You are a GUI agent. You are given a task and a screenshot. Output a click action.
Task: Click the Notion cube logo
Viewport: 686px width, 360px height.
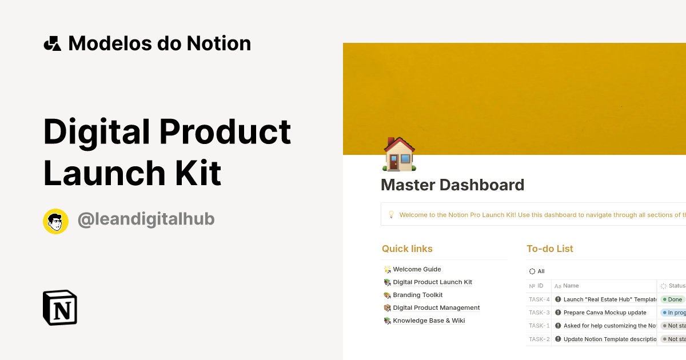[59, 307]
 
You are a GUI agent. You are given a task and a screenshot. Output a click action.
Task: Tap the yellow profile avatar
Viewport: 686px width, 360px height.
[55, 221]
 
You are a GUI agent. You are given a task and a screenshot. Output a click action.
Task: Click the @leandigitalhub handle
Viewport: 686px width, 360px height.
[146, 219]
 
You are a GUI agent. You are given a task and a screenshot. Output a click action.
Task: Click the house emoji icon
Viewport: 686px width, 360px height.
[399, 154]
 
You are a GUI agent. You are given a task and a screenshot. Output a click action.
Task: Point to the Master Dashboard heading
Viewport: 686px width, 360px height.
[452, 185]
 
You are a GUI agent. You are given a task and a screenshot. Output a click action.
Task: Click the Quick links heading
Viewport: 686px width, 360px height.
[407, 249]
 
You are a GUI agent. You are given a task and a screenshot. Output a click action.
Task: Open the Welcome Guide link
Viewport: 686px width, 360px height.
[417, 269]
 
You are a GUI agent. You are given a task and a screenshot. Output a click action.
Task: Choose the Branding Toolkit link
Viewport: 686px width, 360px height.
[417, 295]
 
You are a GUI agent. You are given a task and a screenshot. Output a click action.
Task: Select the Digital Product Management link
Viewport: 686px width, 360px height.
[436, 307]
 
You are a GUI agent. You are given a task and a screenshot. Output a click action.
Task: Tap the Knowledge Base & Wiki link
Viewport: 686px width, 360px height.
[429, 321]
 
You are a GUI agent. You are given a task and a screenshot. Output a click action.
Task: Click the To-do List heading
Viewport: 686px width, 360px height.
[549, 249]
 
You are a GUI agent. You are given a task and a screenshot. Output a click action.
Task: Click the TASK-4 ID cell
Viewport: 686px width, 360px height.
[539, 299]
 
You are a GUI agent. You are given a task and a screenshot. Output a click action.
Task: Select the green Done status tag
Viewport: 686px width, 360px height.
[672, 299]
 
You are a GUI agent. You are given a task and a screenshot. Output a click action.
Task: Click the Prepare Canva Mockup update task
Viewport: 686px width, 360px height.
[605, 313]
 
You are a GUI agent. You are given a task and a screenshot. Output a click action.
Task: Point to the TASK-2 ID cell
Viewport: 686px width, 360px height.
[539, 339]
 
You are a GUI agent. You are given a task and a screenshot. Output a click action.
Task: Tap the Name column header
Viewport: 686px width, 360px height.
[571, 286]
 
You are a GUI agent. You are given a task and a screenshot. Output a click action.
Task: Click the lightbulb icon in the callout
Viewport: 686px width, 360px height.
[392, 215]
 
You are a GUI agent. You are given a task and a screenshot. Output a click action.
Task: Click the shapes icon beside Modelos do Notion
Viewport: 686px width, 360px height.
[52, 43]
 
